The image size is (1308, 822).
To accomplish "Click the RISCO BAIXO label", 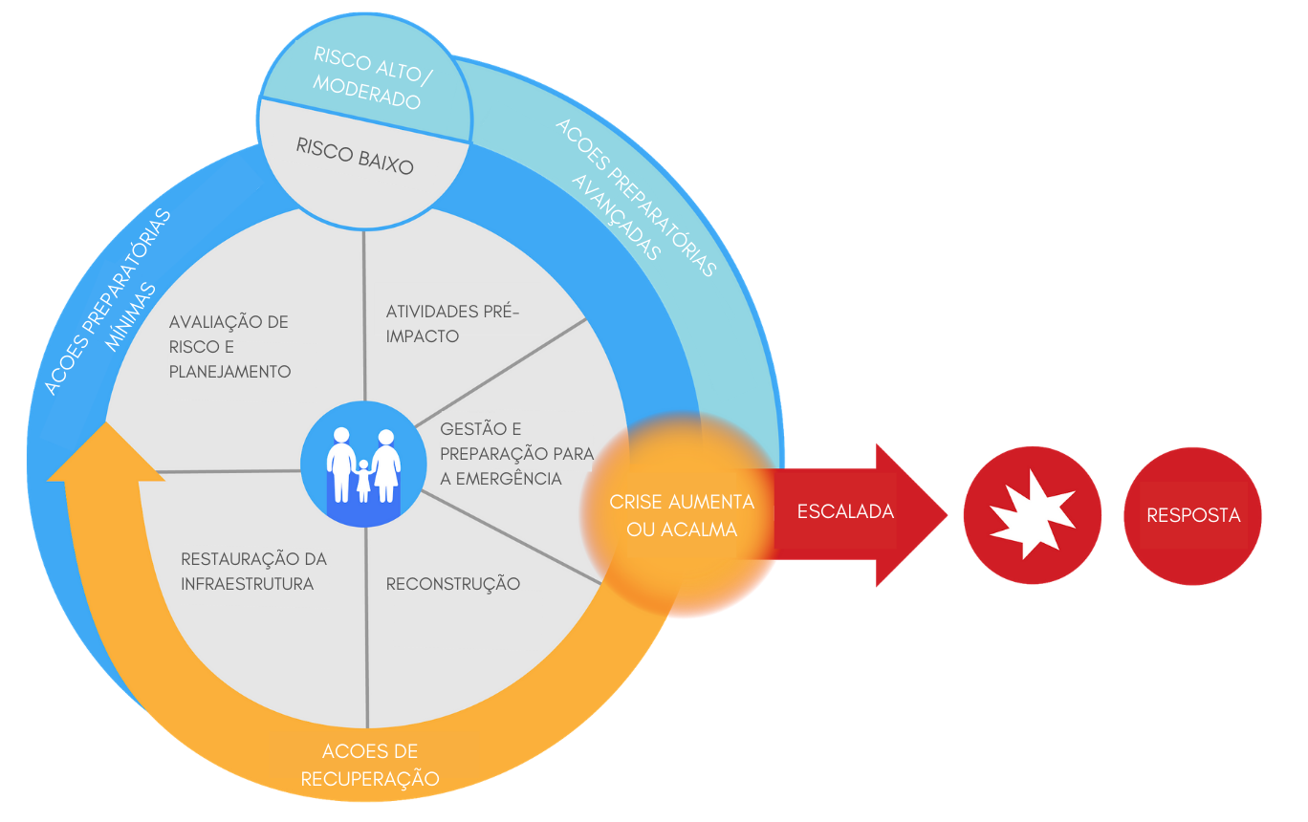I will click(355, 157).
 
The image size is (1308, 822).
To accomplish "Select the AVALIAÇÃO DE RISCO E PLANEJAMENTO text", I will click(229, 346).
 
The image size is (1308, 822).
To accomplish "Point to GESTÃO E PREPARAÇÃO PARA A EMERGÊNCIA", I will click(516, 453).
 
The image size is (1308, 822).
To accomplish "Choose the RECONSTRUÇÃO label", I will click(453, 583).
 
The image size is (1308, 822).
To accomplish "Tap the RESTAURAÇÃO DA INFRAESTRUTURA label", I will click(252, 571).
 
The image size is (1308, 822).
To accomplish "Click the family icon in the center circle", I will click(363, 465).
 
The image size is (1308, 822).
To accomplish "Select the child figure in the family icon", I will click(363, 478).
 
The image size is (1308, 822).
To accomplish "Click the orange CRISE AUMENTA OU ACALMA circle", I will click(681, 515).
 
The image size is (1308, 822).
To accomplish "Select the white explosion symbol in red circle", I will click(1032, 515).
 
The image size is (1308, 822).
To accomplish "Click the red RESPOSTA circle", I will click(1193, 515).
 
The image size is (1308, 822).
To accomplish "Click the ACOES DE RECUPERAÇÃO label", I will click(370, 765).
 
